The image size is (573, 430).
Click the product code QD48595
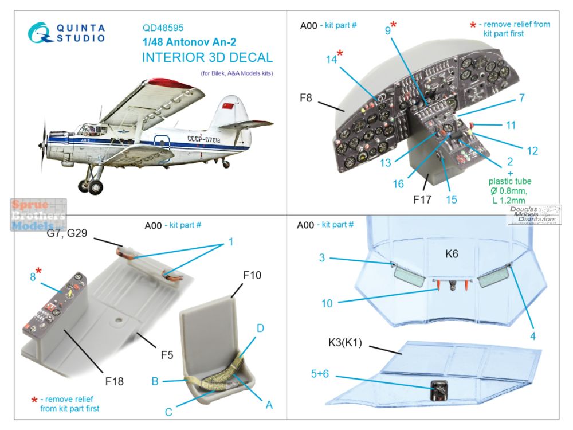(x=163, y=28)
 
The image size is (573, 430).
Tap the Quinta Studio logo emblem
(x=40, y=33)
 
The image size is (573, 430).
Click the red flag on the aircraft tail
(x=227, y=106)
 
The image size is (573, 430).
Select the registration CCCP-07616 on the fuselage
(x=204, y=139)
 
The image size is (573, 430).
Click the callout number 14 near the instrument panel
(x=331, y=59)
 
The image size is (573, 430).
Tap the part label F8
(x=305, y=97)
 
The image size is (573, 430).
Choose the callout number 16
(x=398, y=183)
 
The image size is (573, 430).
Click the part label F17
(x=422, y=200)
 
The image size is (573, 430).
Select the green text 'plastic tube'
(x=510, y=181)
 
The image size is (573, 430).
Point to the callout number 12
(x=532, y=151)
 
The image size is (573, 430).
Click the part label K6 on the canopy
(x=452, y=254)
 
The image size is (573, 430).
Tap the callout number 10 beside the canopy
(x=327, y=303)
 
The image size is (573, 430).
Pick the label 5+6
(x=320, y=374)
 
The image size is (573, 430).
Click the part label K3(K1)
(x=345, y=343)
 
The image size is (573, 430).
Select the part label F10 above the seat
(x=252, y=275)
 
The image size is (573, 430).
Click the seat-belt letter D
(x=260, y=328)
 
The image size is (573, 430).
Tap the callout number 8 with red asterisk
(x=33, y=277)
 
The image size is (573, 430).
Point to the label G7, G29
(x=67, y=233)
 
